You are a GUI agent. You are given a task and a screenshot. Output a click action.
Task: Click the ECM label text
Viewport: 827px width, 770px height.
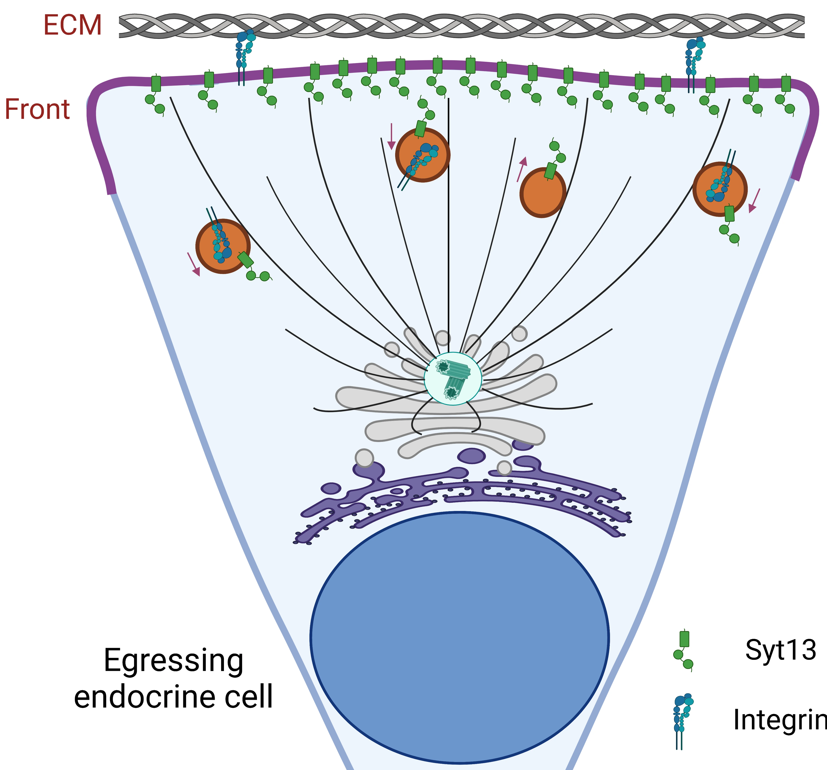click(x=73, y=25)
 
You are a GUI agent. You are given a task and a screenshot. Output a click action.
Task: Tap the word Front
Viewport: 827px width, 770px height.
click(x=37, y=110)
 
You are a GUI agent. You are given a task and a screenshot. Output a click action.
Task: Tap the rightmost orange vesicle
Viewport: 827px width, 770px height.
click(x=720, y=189)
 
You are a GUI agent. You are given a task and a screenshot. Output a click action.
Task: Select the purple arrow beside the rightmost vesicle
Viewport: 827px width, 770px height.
click(x=754, y=201)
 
